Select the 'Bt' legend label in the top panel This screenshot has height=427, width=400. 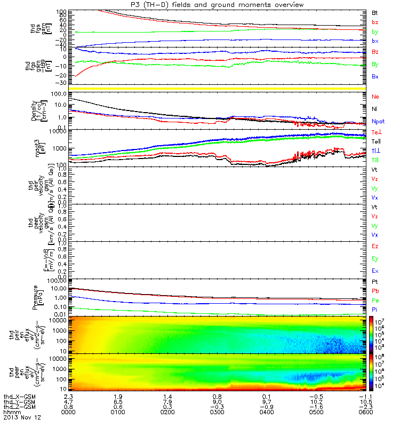click(375, 12)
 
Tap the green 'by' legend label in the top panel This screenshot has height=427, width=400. click(375, 32)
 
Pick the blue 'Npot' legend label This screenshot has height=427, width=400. click(378, 121)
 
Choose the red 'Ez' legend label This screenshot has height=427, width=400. click(375, 247)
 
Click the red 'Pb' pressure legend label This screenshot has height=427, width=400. click(375, 291)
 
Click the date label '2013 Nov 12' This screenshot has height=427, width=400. click(21, 417)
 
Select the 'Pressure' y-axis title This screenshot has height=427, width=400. click(36, 297)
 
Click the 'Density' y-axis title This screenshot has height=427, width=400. click(35, 110)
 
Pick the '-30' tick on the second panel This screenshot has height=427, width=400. click(60, 83)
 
